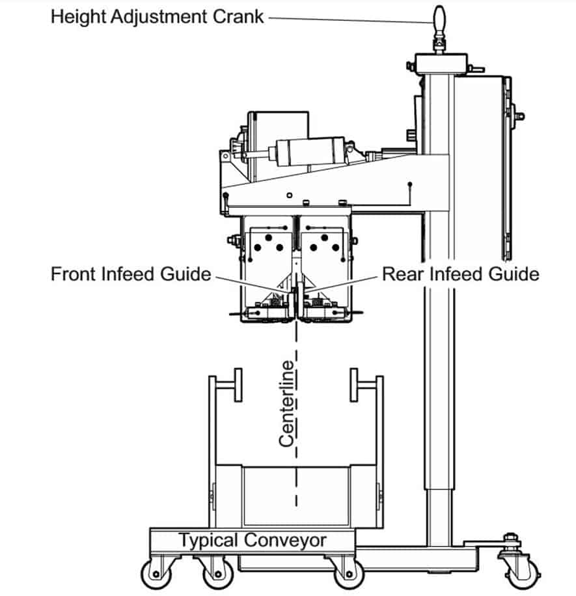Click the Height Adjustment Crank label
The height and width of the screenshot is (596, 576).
[x=158, y=16]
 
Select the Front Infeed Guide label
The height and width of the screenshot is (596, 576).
[x=131, y=274]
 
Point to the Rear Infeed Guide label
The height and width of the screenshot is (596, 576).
[x=460, y=274]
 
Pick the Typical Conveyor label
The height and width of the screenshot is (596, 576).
[x=253, y=540]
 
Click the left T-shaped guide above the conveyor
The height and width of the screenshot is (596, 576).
[x=226, y=386]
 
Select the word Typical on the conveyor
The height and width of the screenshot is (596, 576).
[x=208, y=541]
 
